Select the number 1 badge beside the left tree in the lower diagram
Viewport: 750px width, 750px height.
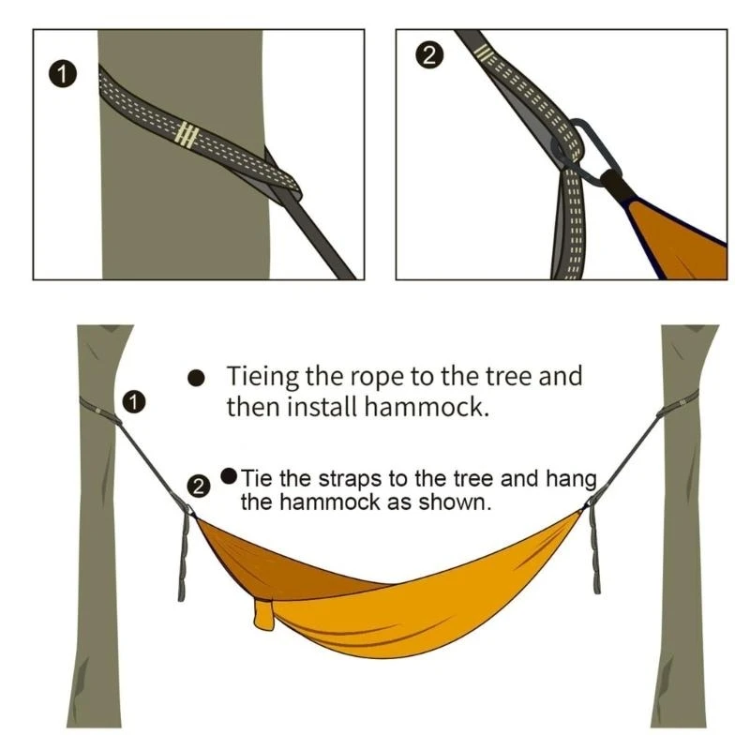point(135,402)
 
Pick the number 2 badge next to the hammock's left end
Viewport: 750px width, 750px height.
point(199,486)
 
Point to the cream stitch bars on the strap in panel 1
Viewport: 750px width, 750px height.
point(187,135)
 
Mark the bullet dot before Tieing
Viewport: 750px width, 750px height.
point(196,378)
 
